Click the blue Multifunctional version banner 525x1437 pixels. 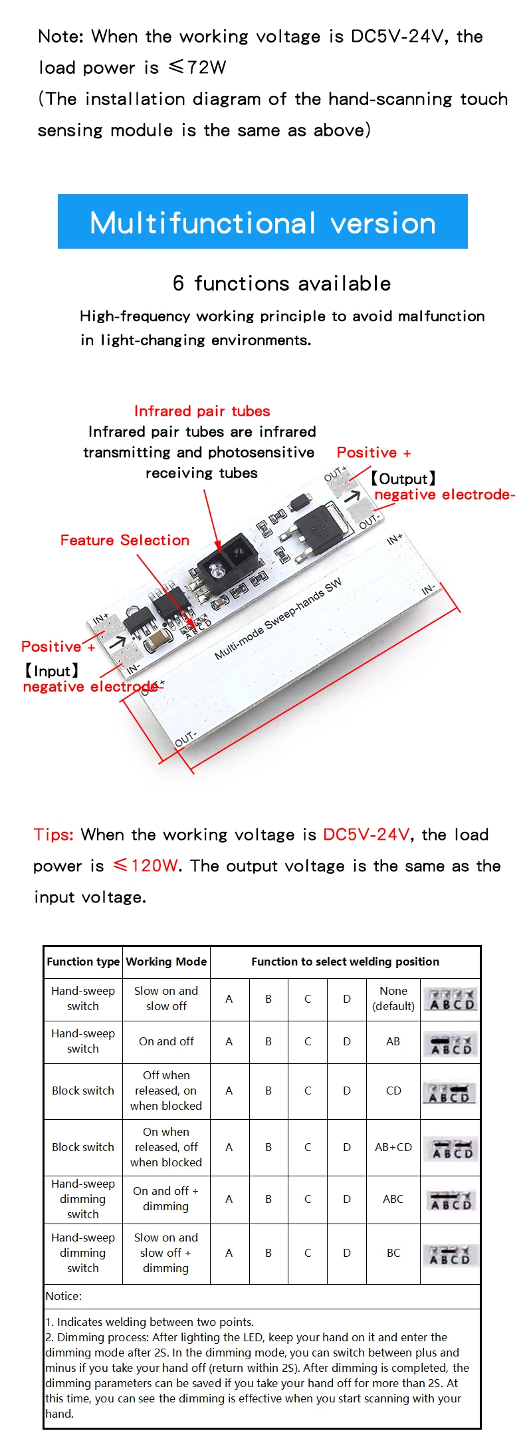[x=262, y=222]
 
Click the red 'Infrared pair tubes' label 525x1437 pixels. [x=202, y=411]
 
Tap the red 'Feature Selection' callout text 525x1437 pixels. [x=125, y=540]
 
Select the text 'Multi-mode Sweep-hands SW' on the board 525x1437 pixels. [x=278, y=619]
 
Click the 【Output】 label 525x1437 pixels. [x=403, y=479]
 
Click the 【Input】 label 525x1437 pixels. [x=52, y=671]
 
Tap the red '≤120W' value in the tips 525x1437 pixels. [x=146, y=866]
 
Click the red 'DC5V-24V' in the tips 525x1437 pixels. [x=366, y=835]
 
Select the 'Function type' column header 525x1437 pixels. [x=83, y=962]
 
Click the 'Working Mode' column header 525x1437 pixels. [x=166, y=962]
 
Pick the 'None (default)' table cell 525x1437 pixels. [x=393, y=998]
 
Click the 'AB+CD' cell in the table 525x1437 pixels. [x=393, y=1147]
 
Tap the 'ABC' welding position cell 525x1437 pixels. [x=393, y=1199]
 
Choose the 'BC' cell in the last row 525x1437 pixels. [x=393, y=1253]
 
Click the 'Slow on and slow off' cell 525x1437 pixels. [x=166, y=998]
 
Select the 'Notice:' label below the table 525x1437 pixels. [x=64, y=1296]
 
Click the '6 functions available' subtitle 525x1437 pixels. [x=282, y=283]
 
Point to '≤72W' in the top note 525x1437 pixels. [x=197, y=67]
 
